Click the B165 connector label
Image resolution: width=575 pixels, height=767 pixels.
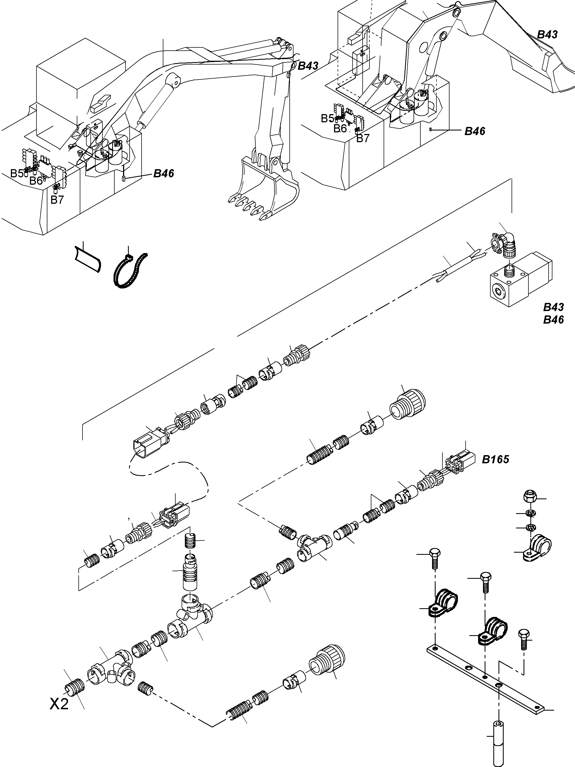click(x=495, y=460)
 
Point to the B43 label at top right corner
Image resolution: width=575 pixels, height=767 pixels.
click(x=547, y=34)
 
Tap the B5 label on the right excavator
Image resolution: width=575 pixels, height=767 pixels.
click(x=327, y=118)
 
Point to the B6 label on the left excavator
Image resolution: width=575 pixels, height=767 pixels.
click(x=36, y=180)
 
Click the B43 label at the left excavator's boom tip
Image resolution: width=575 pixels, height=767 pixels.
click(x=308, y=66)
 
